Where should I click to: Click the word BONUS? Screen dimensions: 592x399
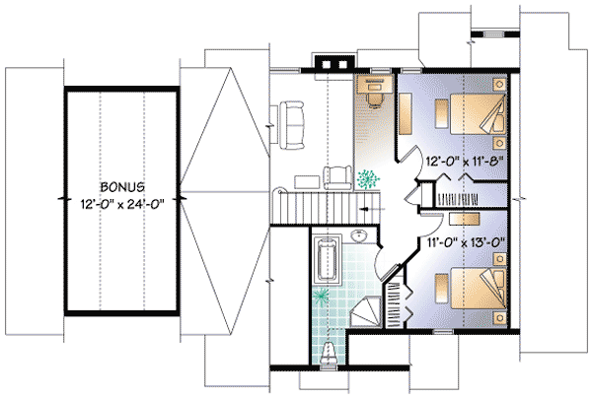[x=122, y=186]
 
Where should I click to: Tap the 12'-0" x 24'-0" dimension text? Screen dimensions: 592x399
[x=122, y=204]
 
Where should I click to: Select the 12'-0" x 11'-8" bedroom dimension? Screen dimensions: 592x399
[x=465, y=162]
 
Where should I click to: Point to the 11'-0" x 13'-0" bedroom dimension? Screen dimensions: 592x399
[x=466, y=241]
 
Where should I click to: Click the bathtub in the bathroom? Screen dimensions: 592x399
[x=327, y=259]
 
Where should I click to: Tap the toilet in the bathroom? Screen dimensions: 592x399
[x=328, y=355]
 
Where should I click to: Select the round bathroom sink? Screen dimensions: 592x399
[x=359, y=235]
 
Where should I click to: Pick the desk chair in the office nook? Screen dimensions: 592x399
[x=375, y=100]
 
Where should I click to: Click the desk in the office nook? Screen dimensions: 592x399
[x=375, y=85]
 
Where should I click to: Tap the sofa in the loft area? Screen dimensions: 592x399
[x=291, y=125]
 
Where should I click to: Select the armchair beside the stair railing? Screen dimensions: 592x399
[x=337, y=178]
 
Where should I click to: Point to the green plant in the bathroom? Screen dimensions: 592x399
[x=322, y=296]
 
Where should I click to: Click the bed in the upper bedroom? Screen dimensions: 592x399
[x=478, y=114]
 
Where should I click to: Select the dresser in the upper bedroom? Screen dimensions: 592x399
[x=405, y=113]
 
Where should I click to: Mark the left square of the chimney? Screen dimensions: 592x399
[x=327, y=65]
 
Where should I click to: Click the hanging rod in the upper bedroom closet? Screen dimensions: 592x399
[x=457, y=199]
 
